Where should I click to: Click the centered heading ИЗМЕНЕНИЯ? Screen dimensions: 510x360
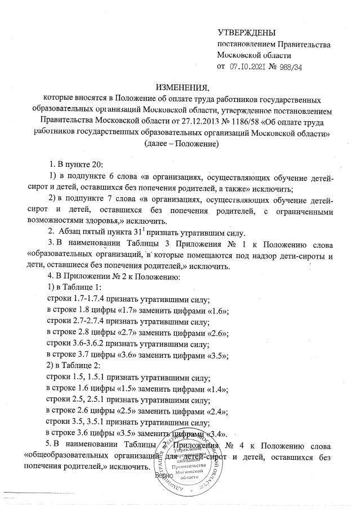tap(181, 87)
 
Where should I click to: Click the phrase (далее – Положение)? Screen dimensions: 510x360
tap(181, 144)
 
